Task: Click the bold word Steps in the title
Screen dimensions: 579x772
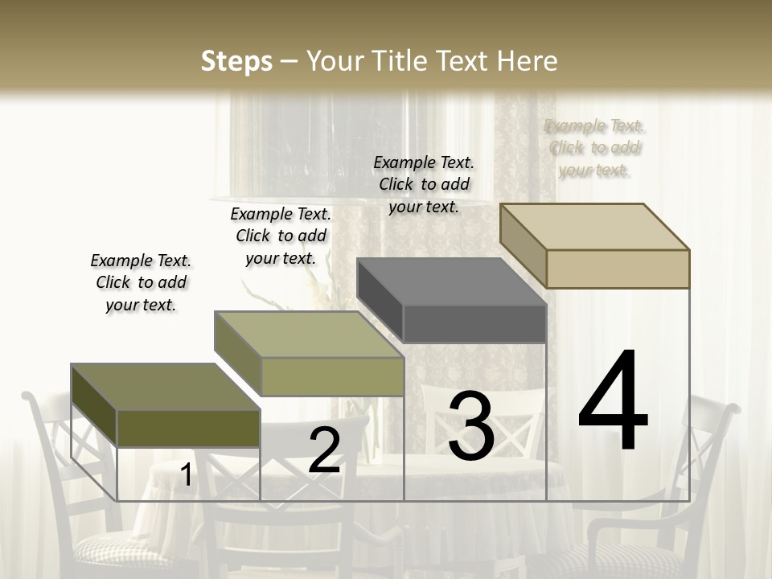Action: click(236, 61)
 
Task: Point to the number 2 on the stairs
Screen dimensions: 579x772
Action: click(324, 450)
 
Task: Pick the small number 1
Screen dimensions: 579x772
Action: click(186, 475)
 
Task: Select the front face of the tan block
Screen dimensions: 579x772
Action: click(618, 269)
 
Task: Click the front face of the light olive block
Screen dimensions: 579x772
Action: click(332, 376)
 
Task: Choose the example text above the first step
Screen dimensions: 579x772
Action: click(141, 282)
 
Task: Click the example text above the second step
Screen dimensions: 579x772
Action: click(281, 236)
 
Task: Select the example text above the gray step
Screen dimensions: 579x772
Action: click(424, 184)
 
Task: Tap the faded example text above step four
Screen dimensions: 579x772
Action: click(594, 147)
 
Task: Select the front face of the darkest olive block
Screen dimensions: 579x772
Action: click(188, 428)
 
